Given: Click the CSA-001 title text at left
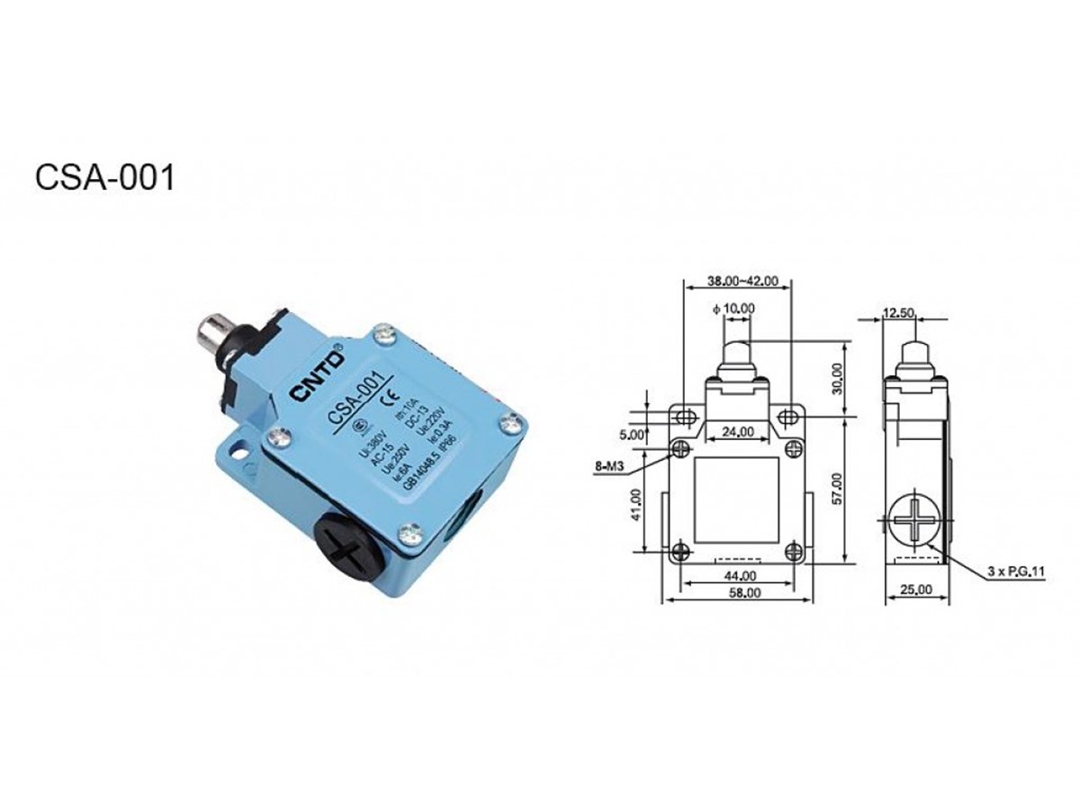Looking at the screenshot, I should click(104, 176).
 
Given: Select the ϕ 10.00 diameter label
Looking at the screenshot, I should click(733, 309).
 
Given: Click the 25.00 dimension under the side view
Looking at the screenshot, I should click(916, 590).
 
